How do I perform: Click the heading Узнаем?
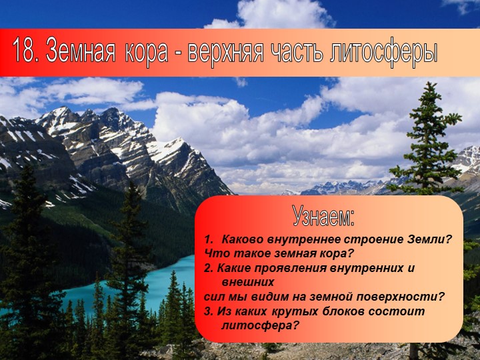323,215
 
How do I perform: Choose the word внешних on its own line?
245,282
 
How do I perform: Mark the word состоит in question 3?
394,311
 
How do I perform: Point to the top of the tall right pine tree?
427,87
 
